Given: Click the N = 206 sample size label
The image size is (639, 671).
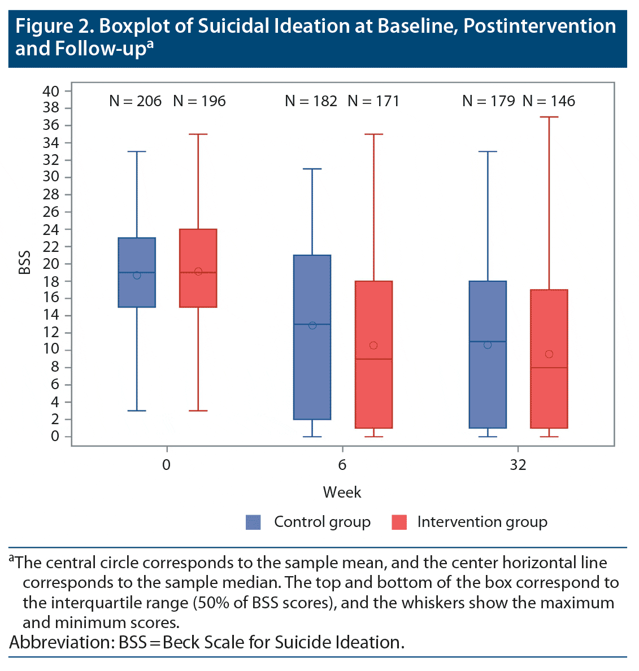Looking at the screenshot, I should pos(136,101).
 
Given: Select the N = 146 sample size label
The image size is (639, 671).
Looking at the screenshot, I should pos(549,101).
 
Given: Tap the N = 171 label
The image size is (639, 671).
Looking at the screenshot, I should pos(373,101).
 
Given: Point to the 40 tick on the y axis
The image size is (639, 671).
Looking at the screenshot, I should pos(51,91).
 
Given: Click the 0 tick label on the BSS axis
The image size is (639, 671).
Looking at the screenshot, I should pos(55,437).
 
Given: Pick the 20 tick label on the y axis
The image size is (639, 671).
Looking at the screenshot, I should pos(51,264).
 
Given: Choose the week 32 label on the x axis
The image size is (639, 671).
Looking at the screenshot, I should pos(518,465).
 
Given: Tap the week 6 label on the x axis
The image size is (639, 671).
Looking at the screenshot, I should pos(342,465).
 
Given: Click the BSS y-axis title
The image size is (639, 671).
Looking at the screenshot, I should pos(24,263).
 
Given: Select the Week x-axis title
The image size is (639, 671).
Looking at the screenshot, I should pos(342,492).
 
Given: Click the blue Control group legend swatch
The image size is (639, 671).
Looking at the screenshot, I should pos(253,522).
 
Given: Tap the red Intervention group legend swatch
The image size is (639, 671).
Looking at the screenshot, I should pos(399,522).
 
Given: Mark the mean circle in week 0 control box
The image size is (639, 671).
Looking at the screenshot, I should pos(137,275).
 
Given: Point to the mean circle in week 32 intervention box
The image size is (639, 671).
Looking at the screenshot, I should pos(549,354).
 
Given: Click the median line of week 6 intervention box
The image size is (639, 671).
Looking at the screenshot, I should pos(373,359).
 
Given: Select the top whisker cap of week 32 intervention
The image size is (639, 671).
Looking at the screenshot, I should pos(549,117).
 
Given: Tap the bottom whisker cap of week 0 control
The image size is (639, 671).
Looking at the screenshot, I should pos(137,411).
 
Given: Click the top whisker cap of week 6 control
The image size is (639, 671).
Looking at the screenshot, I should pos(312,169).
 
